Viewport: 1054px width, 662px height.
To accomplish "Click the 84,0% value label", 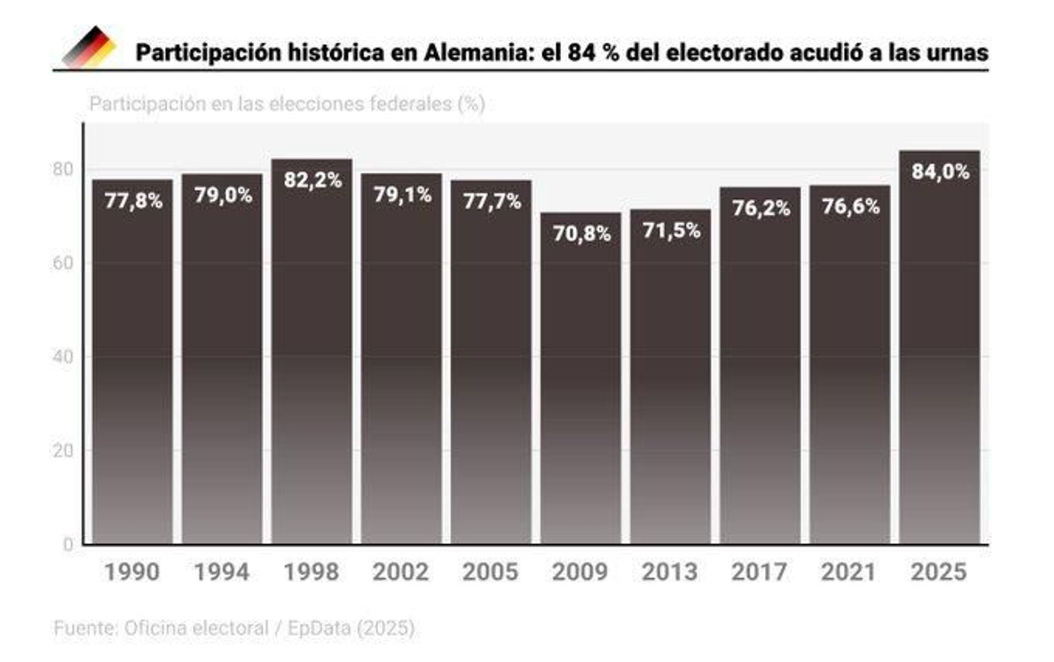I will coord(940,172).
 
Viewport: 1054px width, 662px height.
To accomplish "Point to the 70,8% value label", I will coord(581,233).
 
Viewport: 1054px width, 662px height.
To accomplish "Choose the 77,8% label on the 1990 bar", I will coord(133,201).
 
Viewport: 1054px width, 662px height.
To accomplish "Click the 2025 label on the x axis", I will coord(938,572).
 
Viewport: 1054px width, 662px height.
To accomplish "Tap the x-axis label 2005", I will coord(490,572).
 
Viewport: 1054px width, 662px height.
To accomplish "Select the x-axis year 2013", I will coord(669,572).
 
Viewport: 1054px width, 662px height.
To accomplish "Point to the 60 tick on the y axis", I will coord(63,263).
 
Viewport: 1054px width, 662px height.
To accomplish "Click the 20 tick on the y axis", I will coord(63,451).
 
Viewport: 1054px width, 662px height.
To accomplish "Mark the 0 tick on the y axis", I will coord(68,545).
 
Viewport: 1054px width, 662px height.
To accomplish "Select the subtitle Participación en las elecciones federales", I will coord(287,104).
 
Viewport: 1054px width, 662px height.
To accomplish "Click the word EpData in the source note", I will coord(319,628).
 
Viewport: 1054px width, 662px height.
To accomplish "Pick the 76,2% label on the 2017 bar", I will coord(761,208).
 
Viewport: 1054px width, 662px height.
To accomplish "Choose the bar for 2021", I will coord(849,375).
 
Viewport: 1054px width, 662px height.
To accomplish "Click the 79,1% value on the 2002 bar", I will coord(402,195).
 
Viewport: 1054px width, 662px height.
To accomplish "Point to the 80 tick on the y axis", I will coord(63,169).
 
